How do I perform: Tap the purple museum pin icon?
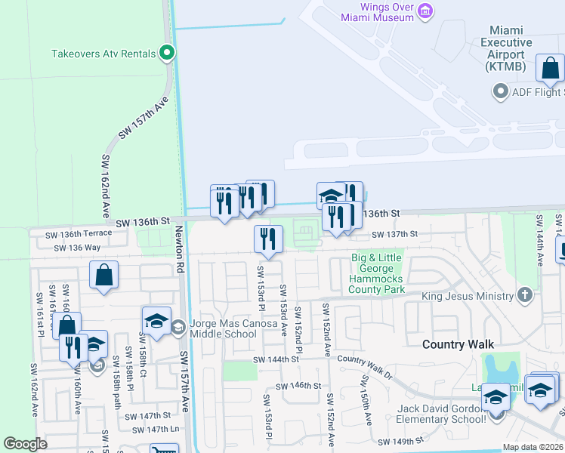(426, 11)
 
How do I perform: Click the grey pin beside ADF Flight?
(499, 92)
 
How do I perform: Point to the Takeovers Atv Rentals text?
(103, 54)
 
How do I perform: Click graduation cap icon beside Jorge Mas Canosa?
(156, 322)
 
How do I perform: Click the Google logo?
(25, 444)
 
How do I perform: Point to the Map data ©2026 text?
(533, 447)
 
